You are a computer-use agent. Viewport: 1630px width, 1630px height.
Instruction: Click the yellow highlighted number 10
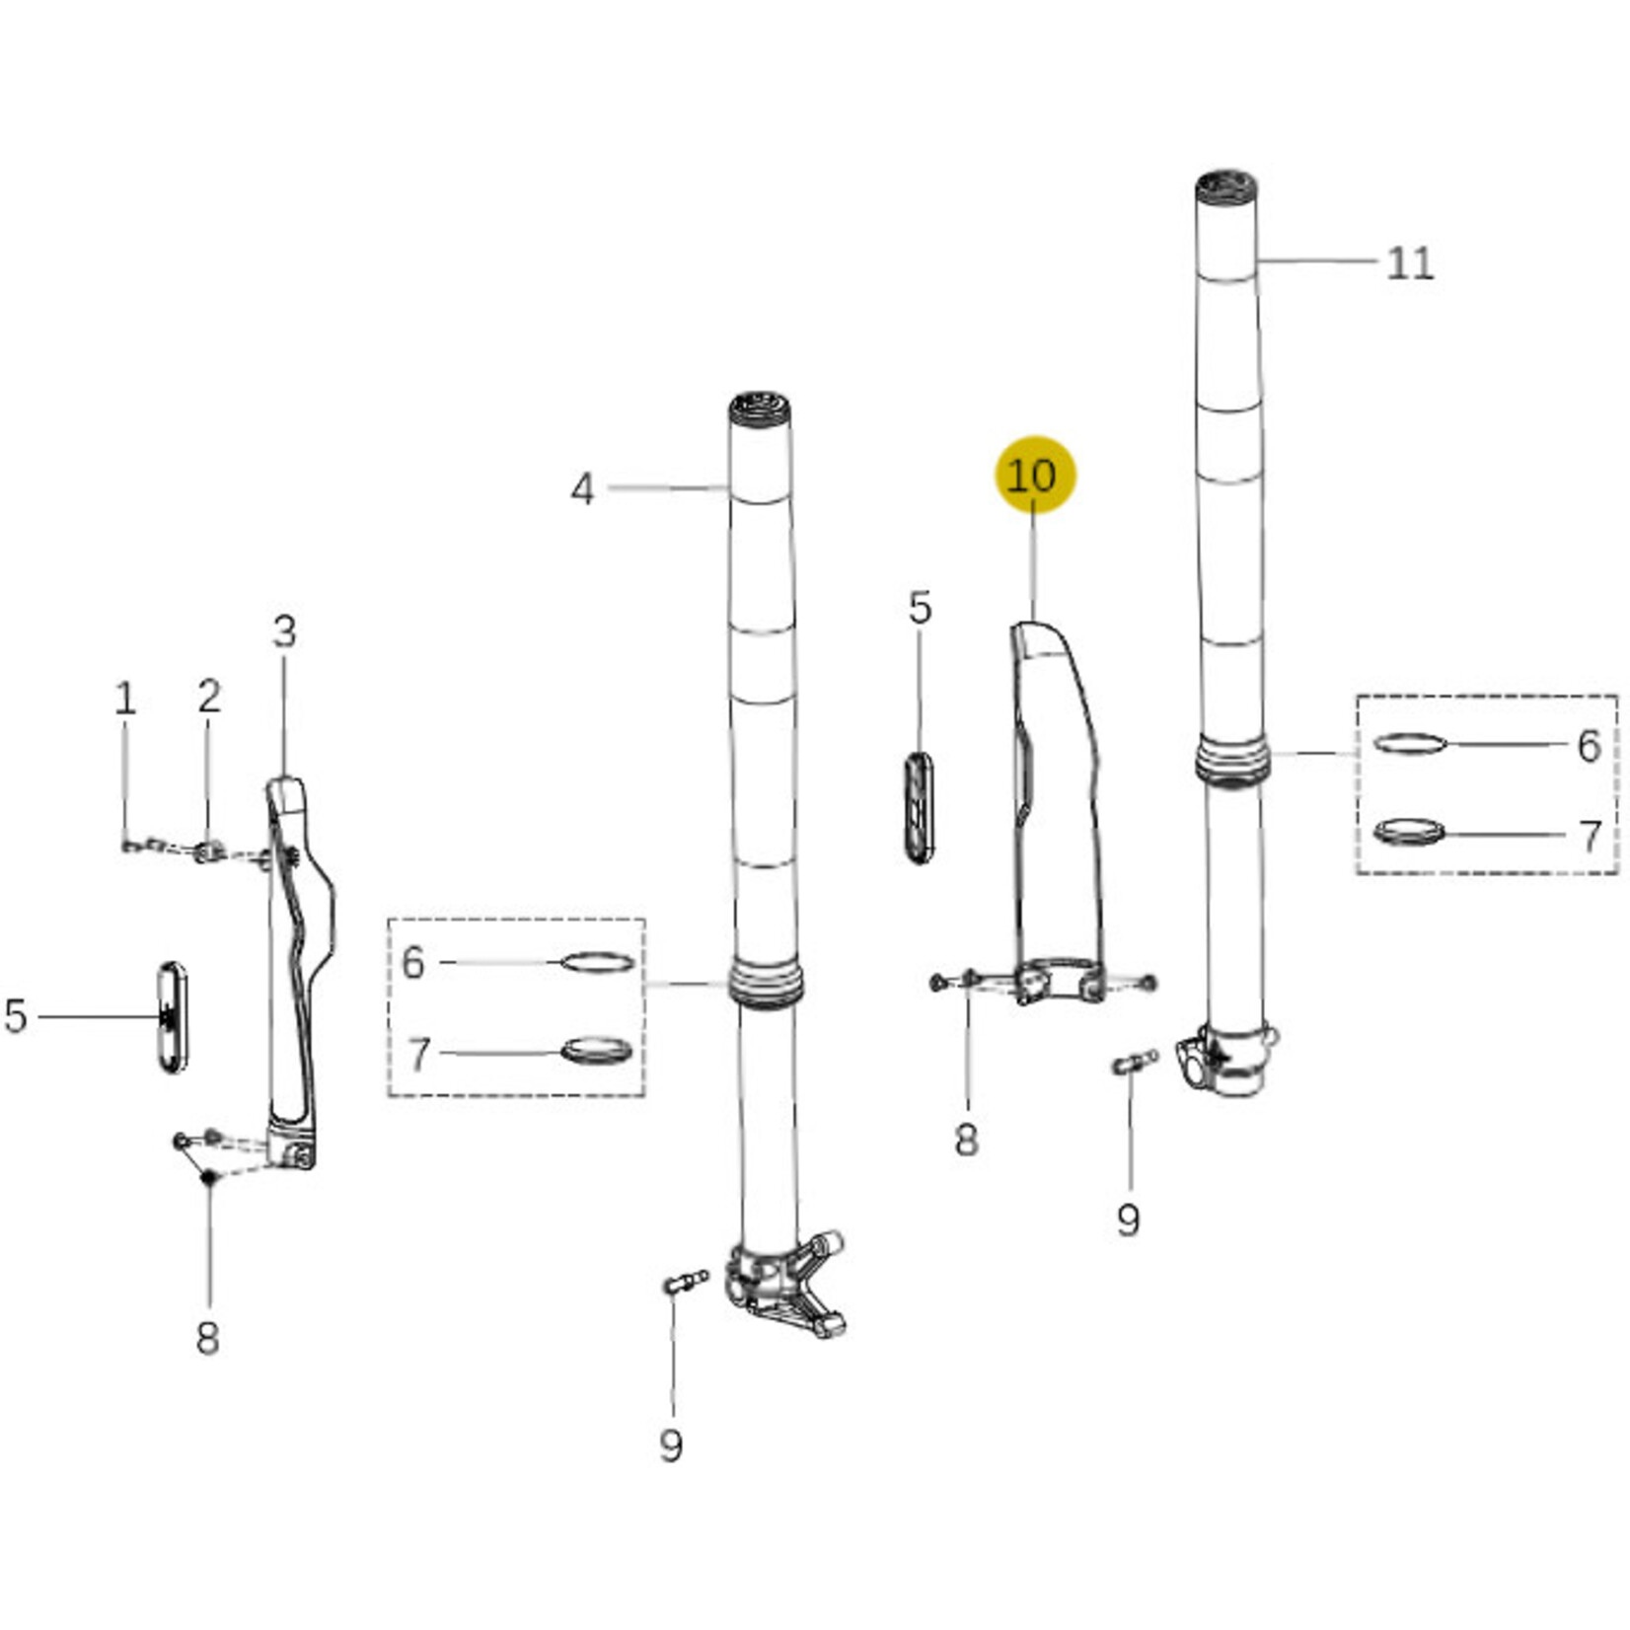point(1033,477)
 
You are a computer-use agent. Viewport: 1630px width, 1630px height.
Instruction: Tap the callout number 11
point(1410,263)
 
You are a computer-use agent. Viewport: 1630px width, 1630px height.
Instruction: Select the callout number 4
point(583,489)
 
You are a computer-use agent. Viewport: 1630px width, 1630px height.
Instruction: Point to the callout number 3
point(284,631)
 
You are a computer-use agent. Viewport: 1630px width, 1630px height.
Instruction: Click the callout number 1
point(125,699)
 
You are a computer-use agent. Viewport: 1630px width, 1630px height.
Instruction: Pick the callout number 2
point(208,697)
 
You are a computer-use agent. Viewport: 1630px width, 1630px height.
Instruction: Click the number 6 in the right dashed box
point(1588,746)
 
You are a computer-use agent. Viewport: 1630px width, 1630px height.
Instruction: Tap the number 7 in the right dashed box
point(1589,836)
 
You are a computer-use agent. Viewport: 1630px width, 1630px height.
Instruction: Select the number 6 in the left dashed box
point(413,962)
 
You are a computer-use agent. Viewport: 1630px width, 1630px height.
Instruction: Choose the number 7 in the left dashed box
point(419,1055)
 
